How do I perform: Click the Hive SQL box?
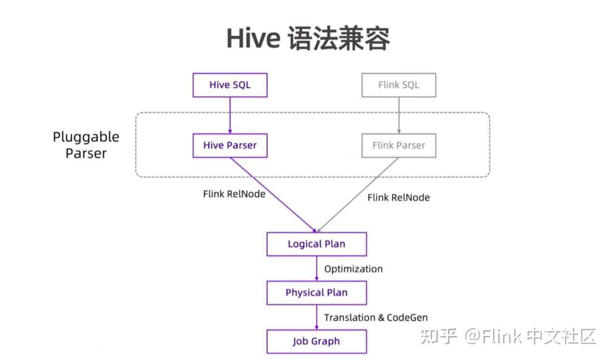tap(230, 85)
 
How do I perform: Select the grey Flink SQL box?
tap(399, 85)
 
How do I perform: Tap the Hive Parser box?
tap(230, 145)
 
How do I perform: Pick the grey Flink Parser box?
tap(399, 145)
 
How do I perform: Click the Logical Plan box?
tap(316, 244)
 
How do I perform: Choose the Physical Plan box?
tap(316, 293)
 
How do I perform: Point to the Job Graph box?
tap(316, 341)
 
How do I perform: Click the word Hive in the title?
tap(253, 39)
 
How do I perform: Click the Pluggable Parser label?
tap(86, 145)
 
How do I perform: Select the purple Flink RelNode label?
tap(234, 194)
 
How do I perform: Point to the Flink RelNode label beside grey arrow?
tap(399, 197)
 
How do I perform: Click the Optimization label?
tap(353, 269)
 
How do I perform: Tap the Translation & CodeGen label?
tap(376, 318)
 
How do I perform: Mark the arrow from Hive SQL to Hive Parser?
tap(230, 116)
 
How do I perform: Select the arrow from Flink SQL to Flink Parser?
tap(399, 116)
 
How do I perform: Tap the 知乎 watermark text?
tap(438, 336)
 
